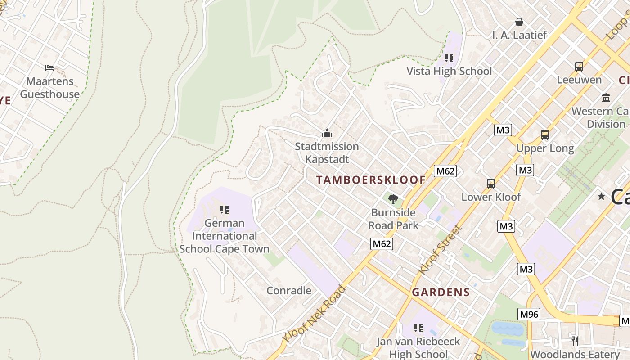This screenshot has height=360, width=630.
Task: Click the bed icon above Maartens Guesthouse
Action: click(49, 68)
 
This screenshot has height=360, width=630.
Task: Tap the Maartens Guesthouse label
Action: click(49, 88)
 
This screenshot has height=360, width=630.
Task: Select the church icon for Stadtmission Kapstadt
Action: click(327, 133)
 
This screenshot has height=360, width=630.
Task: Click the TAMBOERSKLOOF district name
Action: click(370, 180)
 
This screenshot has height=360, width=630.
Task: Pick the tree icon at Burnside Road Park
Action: click(393, 199)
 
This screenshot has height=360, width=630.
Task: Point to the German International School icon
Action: click(224, 209)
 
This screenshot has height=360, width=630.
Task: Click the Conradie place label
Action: click(289, 290)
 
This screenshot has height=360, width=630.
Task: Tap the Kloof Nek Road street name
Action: click(314, 313)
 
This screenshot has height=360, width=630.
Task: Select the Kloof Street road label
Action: click(440, 250)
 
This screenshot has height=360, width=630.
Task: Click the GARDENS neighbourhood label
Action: click(441, 292)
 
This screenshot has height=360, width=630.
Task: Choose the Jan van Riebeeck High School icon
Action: click(418, 328)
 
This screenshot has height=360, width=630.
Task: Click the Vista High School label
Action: click(449, 71)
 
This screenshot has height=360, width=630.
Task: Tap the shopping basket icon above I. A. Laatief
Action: click(519, 22)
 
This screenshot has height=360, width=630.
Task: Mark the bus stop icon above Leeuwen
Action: click(579, 67)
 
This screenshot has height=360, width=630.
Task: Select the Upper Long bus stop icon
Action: click(545, 135)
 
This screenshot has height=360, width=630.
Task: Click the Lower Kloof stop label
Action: click(491, 197)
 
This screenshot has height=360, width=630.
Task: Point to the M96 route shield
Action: click(529, 314)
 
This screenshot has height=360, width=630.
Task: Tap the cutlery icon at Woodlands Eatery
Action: click(575, 341)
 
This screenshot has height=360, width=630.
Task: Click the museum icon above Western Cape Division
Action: click(606, 98)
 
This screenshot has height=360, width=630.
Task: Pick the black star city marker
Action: click(601, 196)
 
